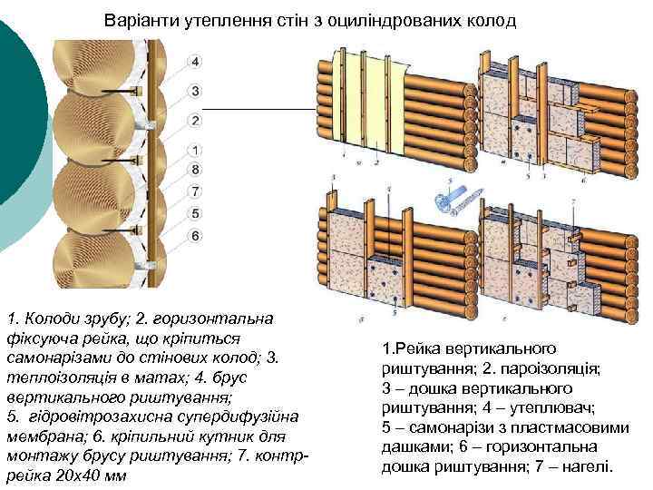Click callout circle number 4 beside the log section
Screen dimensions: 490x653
pyautogui.click(x=195, y=62)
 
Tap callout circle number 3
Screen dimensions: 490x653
pyautogui.click(x=195, y=91)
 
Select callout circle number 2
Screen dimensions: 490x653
pyautogui.click(x=195, y=121)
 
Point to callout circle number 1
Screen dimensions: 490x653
pyautogui.click(x=195, y=150)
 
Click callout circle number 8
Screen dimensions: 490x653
pyautogui.click(x=195, y=170)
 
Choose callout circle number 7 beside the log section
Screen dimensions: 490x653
pyautogui.click(x=195, y=191)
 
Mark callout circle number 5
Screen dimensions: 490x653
pyautogui.click(x=195, y=214)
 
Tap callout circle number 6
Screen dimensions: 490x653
pyautogui.click(x=195, y=236)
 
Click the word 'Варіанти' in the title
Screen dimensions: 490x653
pyautogui.click(x=134, y=19)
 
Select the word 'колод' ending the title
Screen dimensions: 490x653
pyautogui.click(x=495, y=19)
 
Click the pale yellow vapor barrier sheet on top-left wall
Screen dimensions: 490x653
pyautogui.click(x=358, y=100)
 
